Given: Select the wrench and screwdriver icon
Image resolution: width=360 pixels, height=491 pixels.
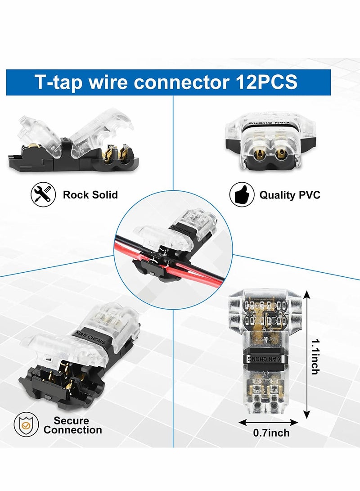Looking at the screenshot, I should [43, 195].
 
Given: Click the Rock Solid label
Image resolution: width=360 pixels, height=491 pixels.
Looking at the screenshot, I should [90, 195].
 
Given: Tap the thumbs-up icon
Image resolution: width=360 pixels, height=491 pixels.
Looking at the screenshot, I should [241, 195].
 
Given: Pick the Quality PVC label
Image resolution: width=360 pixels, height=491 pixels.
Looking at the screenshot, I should [289, 195].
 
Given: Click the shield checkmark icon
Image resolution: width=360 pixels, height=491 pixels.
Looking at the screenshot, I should [26, 425].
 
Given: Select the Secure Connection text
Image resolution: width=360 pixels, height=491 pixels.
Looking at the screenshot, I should [72, 425].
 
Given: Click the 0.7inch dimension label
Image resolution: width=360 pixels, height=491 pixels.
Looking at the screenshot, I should [271, 433].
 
